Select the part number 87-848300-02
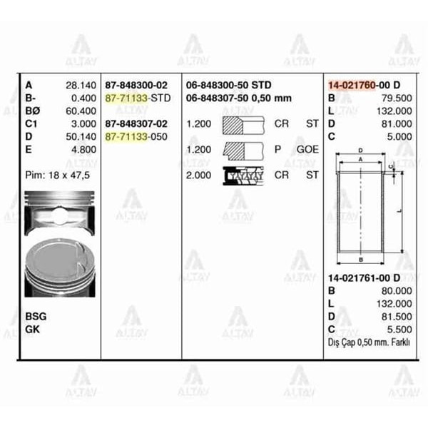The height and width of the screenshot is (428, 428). (x=136, y=84)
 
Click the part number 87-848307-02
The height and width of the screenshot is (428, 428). (x=136, y=123)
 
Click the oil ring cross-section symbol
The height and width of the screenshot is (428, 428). (x=243, y=175)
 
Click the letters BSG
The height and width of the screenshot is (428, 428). (x=36, y=315)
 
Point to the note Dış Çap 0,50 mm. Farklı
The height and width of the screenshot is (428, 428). (x=369, y=342)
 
